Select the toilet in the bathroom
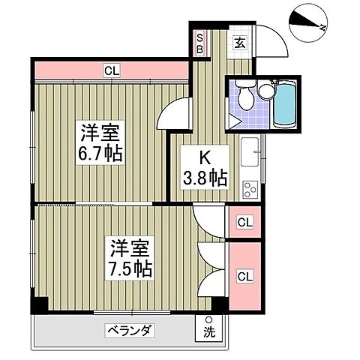tap(243, 97)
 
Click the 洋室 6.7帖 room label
tap(100, 145)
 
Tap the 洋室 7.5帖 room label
tap(131, 257)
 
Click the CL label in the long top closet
tap(112, 71)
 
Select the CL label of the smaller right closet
tap(244, 222)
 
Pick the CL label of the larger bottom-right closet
tap(244, 277)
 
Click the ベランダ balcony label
tap(129, 331)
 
